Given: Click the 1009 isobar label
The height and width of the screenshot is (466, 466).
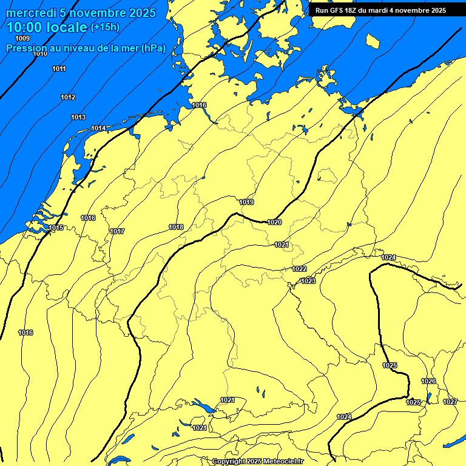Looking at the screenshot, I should tap(22, 39).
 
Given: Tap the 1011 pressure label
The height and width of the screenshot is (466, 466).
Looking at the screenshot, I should tap(59, 69).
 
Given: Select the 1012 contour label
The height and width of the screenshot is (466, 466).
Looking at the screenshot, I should tap(68, 98).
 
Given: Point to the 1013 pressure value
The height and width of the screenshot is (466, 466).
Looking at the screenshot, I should tap(78, 117).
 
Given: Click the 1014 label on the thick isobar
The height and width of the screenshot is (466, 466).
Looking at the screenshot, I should tap(98, 128).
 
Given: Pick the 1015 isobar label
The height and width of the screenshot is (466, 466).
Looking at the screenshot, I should tap(56, 228).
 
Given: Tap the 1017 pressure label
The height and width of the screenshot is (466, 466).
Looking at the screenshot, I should tap(117, 231).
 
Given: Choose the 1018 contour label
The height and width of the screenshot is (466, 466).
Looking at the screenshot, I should tap(176, 227).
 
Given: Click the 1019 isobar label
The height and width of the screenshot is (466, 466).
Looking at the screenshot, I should tap(246, 202).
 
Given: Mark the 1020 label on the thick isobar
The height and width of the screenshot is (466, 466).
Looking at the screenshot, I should tap(274, 222).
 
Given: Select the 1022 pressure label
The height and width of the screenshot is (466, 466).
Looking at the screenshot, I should tap(299, 269).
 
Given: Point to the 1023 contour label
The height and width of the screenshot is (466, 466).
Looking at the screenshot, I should tap(308, 281).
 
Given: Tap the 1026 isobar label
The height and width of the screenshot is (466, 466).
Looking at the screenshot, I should tap(428, 381).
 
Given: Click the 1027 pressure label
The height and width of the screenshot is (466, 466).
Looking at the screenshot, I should tap(450, 402).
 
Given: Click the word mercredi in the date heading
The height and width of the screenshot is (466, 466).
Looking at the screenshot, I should tap(30, 13).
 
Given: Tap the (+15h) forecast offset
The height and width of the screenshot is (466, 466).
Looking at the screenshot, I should tap(105, 27).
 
